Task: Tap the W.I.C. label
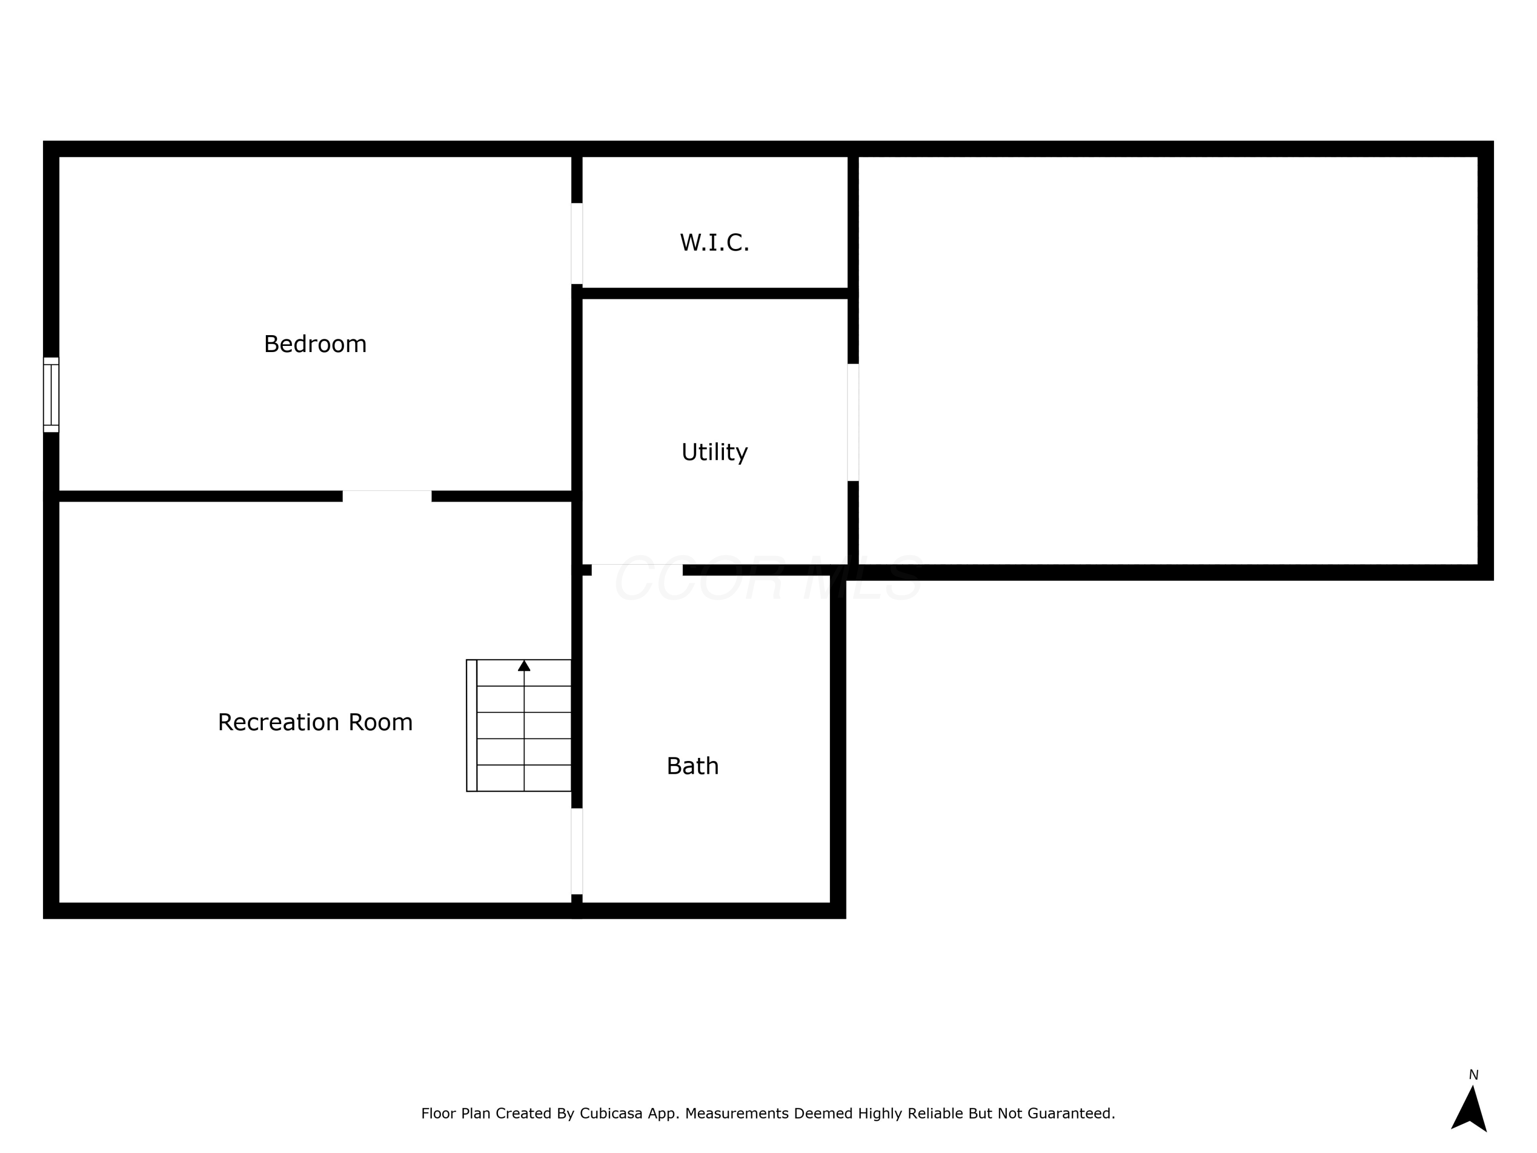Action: (714, 242)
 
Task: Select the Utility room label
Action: (714, 452)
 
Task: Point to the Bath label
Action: (692, 766)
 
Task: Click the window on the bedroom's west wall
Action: (51, 395)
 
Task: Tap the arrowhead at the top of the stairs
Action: (524, 666)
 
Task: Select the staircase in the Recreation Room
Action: (519, 725)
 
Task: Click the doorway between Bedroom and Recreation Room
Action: (387, 496)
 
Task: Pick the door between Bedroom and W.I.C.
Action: (577, 243)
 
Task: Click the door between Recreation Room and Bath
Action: (577, 851)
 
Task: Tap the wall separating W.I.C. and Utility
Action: (714, 293)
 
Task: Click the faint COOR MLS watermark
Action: (768, 579)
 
